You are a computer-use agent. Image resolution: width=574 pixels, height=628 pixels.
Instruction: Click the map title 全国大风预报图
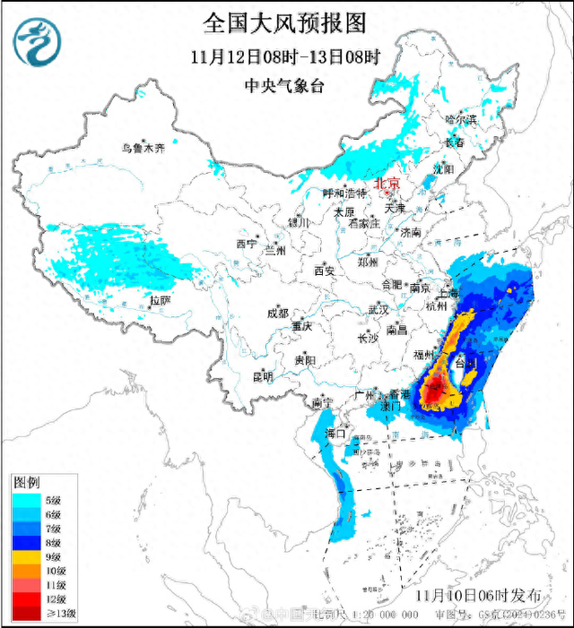pos(287,21)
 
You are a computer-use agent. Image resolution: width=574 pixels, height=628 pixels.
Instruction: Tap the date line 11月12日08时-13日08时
pos(286,56)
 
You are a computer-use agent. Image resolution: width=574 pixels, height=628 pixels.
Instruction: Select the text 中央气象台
pos(286,87)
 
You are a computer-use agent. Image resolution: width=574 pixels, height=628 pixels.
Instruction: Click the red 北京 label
pos(387,181)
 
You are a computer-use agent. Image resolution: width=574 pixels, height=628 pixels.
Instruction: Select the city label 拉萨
pos(161,301)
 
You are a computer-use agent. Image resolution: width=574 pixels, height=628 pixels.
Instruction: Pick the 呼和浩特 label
pos(345,194)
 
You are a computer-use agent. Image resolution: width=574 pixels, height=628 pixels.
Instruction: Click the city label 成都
pos(277,314)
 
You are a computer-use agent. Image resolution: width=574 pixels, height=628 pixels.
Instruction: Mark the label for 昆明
pos(262,376)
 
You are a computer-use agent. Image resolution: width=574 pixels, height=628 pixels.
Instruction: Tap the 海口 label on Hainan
pos(335,434)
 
